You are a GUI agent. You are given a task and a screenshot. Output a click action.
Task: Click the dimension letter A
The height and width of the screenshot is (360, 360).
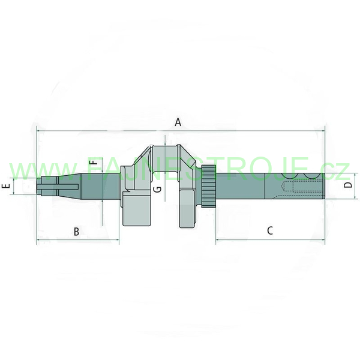tap(178, 122)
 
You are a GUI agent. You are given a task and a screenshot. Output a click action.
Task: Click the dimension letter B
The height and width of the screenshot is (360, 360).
tap(76, 232)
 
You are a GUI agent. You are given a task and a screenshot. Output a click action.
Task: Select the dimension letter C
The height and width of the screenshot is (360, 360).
tap(270, 230)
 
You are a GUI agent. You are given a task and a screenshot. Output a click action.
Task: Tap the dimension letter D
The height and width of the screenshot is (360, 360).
tap(348, 185)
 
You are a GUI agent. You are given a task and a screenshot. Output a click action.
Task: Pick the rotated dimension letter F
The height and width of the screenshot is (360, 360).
tap(94, 163)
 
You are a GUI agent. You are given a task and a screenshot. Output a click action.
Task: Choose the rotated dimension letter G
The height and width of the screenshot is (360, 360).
tap(157, 189)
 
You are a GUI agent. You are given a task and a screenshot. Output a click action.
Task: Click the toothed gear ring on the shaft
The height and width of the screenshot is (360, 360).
tap(209, 186)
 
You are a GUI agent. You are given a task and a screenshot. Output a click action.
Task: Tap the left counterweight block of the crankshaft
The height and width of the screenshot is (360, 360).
tap(137, 209)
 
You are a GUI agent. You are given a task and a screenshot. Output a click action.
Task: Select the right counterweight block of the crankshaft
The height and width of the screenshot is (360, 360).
tap(188, 208)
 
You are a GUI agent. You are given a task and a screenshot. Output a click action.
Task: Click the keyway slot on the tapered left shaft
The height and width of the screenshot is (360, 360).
tap(58, 187)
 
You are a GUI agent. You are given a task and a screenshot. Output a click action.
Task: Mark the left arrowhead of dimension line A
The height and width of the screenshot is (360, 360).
tap(38, 131)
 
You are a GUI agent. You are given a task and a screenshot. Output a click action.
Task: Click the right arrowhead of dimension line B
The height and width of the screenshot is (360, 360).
tap(118, 239)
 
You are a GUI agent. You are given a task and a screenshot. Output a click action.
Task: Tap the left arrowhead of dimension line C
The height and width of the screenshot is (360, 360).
tap(218, 240)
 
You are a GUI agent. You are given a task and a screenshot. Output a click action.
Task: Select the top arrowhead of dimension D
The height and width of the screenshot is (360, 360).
tap(355, 175)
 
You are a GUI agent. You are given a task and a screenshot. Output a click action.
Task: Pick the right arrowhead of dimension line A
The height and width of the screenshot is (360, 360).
tap(323, 131)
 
